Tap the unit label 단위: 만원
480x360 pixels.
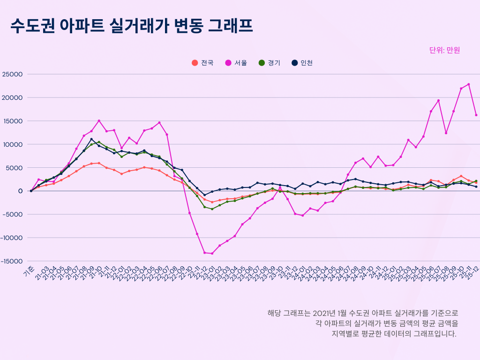(444, 50)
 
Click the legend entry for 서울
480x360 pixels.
(237, 63)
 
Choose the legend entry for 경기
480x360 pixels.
(270, 63)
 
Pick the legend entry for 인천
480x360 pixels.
(302, 63)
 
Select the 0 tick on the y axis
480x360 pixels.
(21, 191)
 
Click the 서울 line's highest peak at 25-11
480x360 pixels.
(468, 84)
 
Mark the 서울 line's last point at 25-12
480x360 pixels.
(476, 115)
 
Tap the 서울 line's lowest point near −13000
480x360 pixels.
(212, 254)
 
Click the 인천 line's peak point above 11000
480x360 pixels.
(91, 139)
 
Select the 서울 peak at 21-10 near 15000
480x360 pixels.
(99, 121)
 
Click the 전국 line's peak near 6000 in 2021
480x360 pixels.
(99, 163)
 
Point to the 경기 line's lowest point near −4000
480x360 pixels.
(212, 209)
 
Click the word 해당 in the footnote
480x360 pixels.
(274, 313)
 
